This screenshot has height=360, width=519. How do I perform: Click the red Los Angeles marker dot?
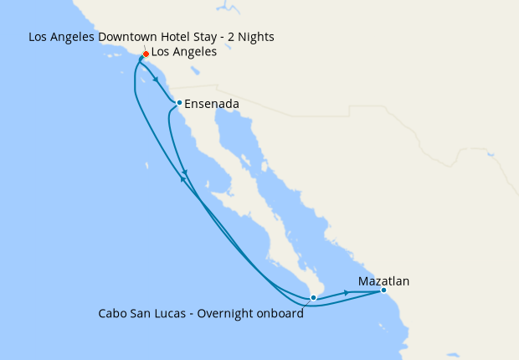pos(146,54)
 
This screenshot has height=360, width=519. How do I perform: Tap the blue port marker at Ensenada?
pos(179,103)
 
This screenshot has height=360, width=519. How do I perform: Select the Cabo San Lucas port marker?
pos(312,297)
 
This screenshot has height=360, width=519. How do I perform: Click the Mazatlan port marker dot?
pos(383,290)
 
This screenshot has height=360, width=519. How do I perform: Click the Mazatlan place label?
pos(383,281)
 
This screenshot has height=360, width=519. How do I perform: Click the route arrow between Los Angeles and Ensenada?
pos(157,80)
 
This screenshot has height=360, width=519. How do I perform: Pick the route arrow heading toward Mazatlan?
pos(347,293)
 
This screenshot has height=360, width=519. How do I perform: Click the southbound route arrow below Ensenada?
pos(185,173)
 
